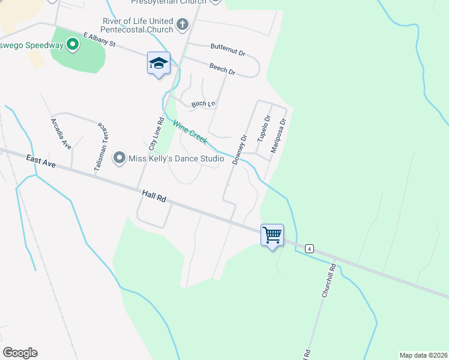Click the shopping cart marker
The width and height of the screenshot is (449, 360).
272,234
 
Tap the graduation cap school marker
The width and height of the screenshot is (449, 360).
158,63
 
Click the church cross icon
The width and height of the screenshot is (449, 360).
183,25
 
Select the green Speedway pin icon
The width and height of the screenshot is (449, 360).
72,44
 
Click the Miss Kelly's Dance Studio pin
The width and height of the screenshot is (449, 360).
119,158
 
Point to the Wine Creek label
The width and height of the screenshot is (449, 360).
190,132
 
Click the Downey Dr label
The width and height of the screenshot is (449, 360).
240,149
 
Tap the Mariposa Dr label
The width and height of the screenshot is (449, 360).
278,135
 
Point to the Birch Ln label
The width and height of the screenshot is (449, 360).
203,104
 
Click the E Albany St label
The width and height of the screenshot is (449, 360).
99,40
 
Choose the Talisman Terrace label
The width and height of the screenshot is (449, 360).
100,148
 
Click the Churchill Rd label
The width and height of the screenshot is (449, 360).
327,280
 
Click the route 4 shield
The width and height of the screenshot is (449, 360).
309,248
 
